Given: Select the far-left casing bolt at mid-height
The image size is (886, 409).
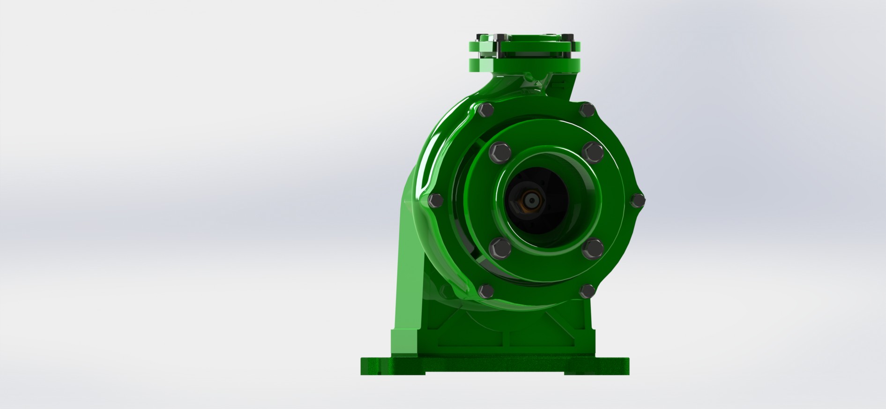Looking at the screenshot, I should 436,201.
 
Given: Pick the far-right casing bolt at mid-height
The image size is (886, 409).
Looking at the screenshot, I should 638,201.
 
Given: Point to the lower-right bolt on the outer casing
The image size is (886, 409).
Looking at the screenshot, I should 587,291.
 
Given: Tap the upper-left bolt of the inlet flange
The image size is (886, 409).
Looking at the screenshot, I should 500,153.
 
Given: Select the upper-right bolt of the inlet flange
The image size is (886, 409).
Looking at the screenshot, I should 593,153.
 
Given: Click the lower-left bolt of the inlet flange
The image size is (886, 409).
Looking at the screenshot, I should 500,248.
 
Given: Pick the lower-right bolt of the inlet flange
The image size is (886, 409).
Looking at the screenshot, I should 593,248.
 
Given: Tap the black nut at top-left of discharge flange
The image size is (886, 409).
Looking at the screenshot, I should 483,38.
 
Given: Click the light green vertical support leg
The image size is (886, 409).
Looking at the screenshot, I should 409,262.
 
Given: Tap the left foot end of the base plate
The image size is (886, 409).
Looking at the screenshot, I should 375,366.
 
